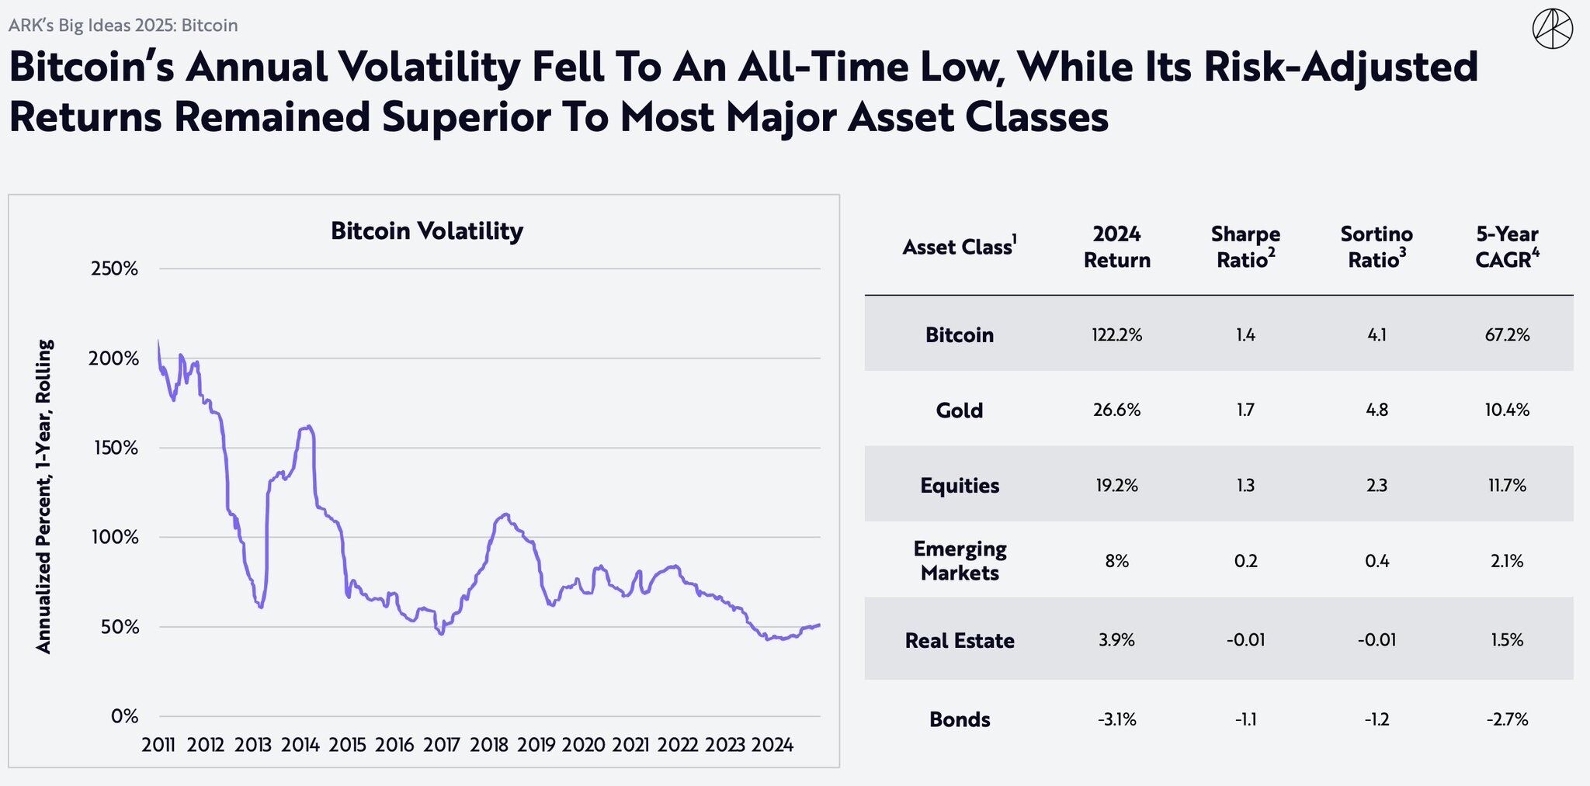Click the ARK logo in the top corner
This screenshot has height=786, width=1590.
coord(1552,29)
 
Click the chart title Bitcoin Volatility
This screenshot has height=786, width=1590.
coord(426,231)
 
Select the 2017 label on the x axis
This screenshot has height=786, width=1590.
coord(442,746)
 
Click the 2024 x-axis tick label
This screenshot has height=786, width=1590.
coord(772,746)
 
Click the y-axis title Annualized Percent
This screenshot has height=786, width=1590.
coord(44,497)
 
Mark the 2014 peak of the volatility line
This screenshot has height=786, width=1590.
coord(308,427)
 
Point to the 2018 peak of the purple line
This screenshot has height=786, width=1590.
coord(505,514)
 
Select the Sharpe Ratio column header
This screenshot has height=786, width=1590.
coord(1245,247)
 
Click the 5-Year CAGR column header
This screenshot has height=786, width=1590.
coord(1507,247)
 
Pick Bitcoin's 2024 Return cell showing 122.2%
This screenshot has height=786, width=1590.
coord(1116,335)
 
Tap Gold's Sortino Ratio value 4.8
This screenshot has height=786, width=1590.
coord(1376,410)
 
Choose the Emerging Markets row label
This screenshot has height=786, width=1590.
coord(960,561)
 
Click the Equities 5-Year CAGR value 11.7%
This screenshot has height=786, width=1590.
coord(1507,486)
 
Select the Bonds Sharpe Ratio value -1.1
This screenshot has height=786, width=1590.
coord(1245,720)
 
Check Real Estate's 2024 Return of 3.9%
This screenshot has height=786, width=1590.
coord(1116,641)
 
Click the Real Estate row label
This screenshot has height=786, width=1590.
coord(960,641)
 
